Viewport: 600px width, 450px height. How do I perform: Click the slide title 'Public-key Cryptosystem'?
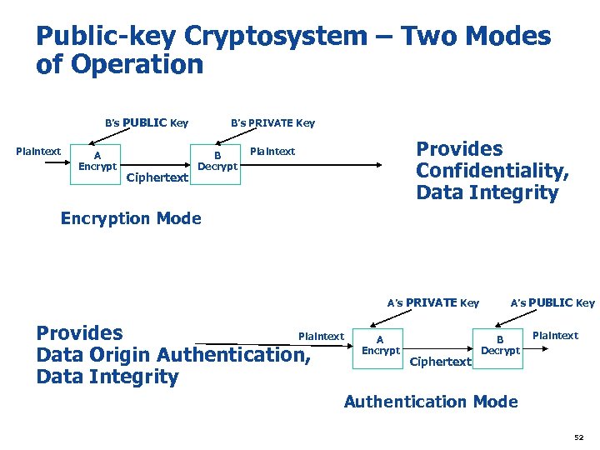pos(201,37)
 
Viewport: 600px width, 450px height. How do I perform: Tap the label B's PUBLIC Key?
pos(147,123)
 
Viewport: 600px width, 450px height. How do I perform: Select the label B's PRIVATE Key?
pos(272,123)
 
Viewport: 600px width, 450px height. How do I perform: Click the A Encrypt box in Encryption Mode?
pos(97,160)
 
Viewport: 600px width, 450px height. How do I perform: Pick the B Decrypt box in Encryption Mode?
pos(217,161)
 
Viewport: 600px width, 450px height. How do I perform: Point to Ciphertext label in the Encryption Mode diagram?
pos(157,177)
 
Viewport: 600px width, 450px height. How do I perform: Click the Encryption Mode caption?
pos(131,218)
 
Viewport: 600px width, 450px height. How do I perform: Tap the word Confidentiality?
pos(492,171)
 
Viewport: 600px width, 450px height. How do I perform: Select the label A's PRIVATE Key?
pos(432,302)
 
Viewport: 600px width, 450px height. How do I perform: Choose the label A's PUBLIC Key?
pos(552,302)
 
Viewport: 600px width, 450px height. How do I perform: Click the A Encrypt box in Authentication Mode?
pos(380,345)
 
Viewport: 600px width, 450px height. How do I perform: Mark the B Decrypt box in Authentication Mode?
pos(500,345)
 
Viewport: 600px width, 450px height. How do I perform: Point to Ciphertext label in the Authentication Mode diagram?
pos(441,362)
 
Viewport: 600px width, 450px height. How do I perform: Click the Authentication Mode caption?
pos(431,402)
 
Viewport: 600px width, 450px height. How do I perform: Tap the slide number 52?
pos(579,437)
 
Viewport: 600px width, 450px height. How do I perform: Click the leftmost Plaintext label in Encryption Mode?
pos(38,152)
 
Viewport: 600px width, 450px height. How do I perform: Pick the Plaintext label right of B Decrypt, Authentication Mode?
pos(555,336)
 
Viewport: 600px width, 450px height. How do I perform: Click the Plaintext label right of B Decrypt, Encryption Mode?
pos(272,152)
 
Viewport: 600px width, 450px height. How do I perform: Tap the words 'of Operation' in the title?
pos(119,65)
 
